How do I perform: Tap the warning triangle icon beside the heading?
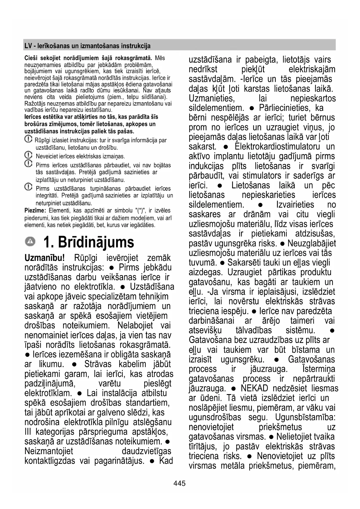(30, 241)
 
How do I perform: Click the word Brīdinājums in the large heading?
(96, 242)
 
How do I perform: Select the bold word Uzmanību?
(44, 258)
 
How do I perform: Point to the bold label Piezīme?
(35, 210)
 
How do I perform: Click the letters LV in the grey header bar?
(28, 46)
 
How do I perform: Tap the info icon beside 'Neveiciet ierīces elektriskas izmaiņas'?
(28, 155)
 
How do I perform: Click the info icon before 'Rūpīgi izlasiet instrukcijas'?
(28, 139)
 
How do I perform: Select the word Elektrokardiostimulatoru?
(277, 147)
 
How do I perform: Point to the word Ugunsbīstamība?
(305, 417)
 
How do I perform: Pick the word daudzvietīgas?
(146, 451)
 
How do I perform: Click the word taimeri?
(302, 321)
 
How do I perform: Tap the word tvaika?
(322, 437)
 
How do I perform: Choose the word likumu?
(51, 364)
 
